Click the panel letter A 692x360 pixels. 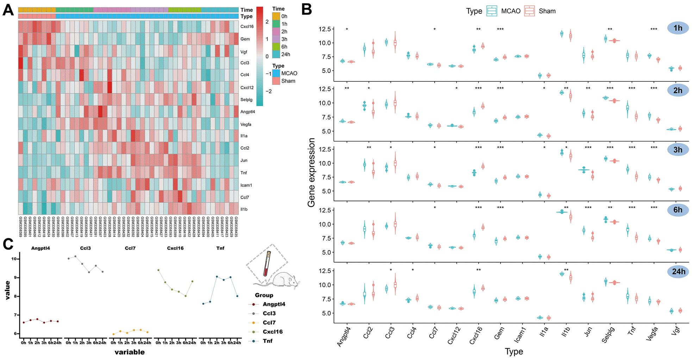pyautogui.click(x=8, y=10)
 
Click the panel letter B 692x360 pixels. pyautogui.click(x=307, y=10)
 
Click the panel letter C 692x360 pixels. pyautogui.click(x=8, y=244)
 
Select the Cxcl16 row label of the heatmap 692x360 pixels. pyautogui.click(x=247, y=26)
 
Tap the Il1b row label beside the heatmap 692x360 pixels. pyautogui.click(x=244, y=209)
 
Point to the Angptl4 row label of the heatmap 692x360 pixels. pyautogui.click(x=248, y=112)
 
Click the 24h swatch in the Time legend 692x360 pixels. pyautogui.click(x=276, y=54)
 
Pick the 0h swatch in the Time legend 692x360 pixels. pyautogui.click(x=276, y=16)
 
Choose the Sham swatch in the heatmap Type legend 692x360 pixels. pyautogui.click(x=276, y=81)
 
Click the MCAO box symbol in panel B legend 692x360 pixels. pyautogui.click(x=492, y=11)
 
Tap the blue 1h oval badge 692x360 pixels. pyautogui.click(x=678, y=28)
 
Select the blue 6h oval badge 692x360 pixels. pyautogui.click(x=678, y=210)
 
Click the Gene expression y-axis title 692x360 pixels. pyautogui.click(x=311, y=173)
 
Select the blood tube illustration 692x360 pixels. pyautogui.click(x=267, y=263)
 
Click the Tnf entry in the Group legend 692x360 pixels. pyautogui.click(x=268, y=341)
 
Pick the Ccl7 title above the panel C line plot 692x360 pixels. pyautogui.click(x=130, y=248)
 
